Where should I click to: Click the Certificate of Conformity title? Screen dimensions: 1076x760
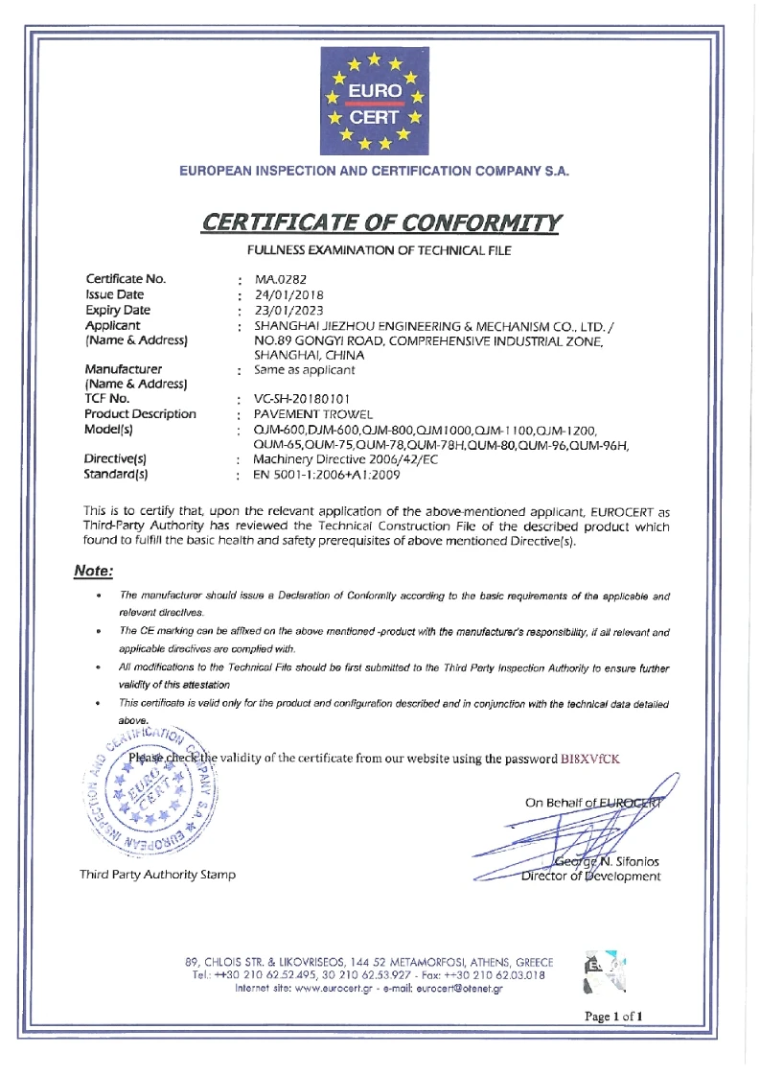380,222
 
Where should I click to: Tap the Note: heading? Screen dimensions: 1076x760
94,572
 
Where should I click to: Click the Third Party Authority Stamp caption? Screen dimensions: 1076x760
158,875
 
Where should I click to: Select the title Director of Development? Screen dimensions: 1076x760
590,876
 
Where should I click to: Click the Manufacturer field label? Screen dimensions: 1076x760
124,368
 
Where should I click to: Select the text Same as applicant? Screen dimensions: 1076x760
305,369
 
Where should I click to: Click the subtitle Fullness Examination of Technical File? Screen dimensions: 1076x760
380,250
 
